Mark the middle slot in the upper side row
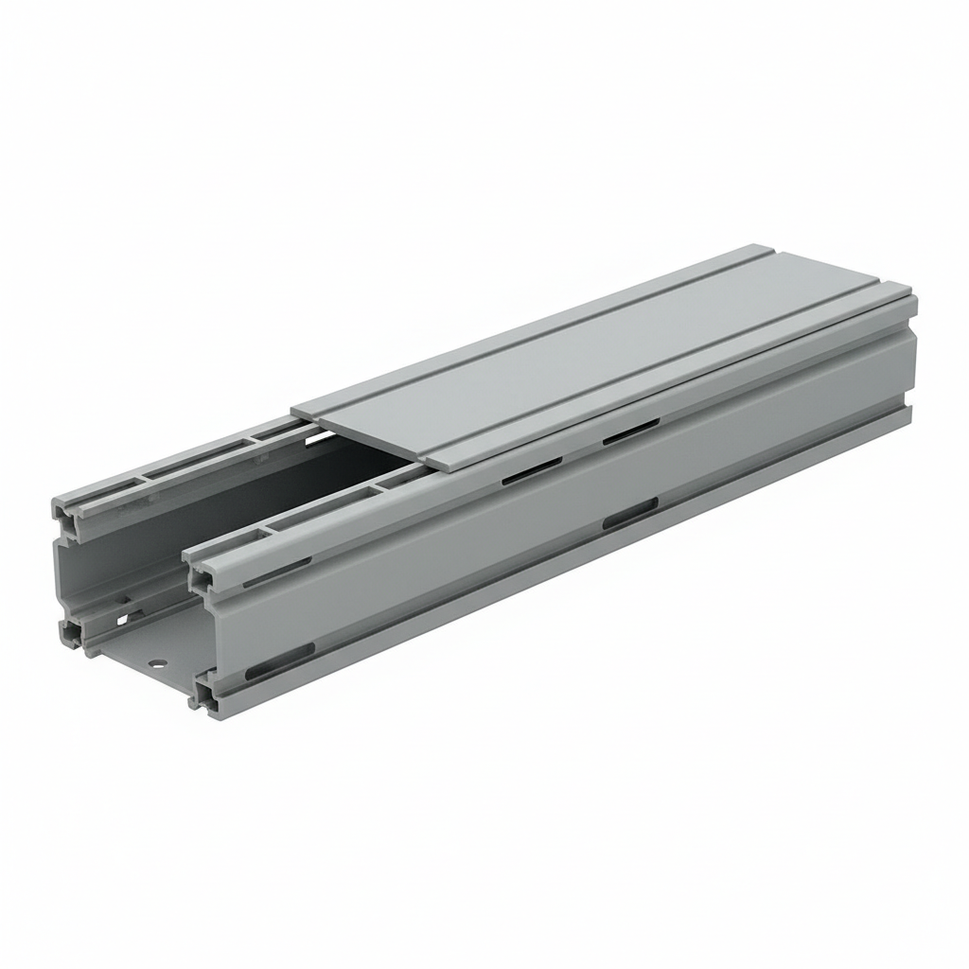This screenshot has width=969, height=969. [525, 474]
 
